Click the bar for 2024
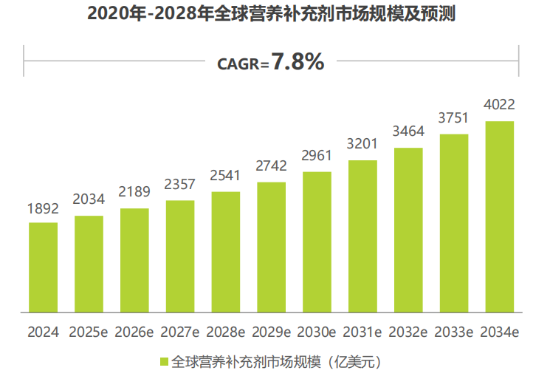click(x=43, y=267)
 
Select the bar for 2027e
click(x=180, y=256)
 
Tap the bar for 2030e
click(x=317, y=242)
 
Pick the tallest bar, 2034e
click(x=500, y=216)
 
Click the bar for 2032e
click(x=408, y=230)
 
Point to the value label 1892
click(x=43, y=210)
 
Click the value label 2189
click(x=134, y=192)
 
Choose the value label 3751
click(x=454, y=117)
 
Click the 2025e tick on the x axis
click(x=89, y=332)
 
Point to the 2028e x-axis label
click(x=226, y=332)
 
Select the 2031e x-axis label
click(x=362, y=332)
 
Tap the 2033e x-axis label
click(x=454, y=332)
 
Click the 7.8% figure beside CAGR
click(x=298, y=63)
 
